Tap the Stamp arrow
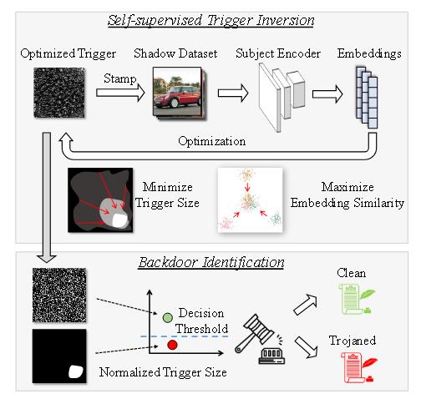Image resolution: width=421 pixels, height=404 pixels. point(120,93)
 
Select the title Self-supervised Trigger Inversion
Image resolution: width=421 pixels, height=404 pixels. point(211,21)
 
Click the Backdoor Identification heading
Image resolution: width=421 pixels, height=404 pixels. point(211,262)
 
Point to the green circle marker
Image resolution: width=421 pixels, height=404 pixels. point(167,317)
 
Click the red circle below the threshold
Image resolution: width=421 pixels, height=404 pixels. point(172,345)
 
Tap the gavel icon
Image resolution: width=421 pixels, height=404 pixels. point(260,339)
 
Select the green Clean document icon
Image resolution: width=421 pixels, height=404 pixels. point(356,299)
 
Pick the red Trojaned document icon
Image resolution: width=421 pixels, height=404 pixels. point(358,367)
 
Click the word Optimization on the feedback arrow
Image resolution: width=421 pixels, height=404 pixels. point(212,141)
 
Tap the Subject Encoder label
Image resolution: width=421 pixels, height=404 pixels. point(278,53)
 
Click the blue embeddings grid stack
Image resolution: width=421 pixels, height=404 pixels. point(367,98)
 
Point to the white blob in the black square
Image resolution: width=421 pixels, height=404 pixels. point(76,371)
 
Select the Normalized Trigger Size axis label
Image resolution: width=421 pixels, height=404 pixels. point(163,372)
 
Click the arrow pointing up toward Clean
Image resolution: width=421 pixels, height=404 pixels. point(306,305)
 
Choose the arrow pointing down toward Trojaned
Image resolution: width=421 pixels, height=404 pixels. point(306,347)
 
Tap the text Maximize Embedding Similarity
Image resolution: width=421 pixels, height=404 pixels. point(347,195)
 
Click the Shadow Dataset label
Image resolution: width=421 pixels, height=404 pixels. point(175,53)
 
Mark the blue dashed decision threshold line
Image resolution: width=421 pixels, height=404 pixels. point(184,336)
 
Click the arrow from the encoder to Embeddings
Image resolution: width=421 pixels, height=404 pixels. point(327,94)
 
